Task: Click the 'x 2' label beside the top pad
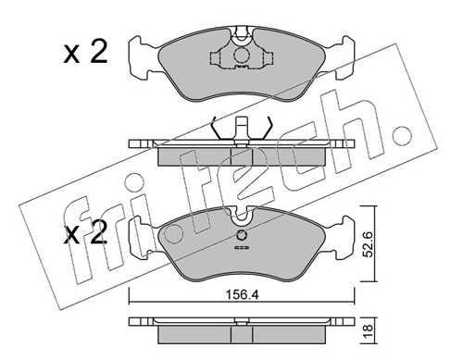[86, 52]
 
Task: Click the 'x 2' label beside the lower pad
[86, 233]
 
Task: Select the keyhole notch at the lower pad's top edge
[242, 217]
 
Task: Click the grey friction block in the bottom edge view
[242, 334]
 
